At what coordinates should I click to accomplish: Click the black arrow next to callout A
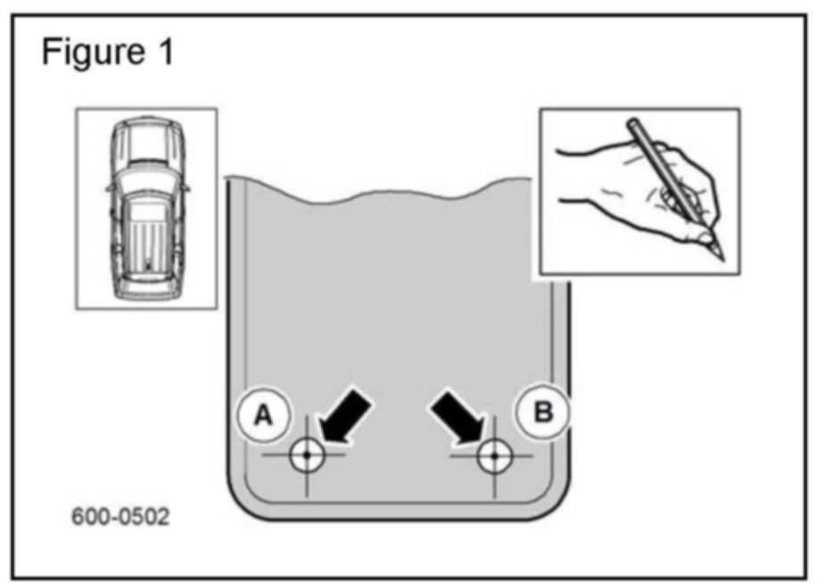point(344,416)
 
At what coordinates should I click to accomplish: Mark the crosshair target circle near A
point(306,454)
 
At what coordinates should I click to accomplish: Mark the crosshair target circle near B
point(492,455)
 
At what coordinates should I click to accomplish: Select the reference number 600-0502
point(120,518)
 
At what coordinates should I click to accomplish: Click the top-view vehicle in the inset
point(147,208)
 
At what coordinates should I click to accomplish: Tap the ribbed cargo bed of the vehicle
point(147,237)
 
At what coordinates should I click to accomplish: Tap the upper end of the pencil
point(633,125)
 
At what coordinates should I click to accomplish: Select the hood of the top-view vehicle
point(147,138)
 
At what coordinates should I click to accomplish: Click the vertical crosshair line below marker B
point(493,487)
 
